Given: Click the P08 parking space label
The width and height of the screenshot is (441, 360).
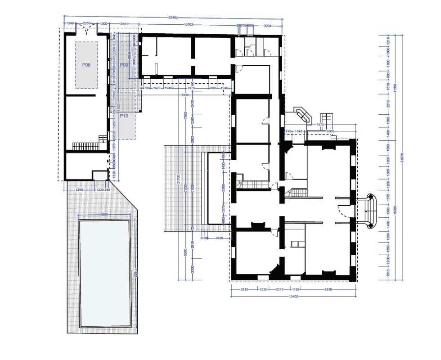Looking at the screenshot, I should (86, 65).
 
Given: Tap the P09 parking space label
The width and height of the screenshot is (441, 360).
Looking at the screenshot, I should (124, 65).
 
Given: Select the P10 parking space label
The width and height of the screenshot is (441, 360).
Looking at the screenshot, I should (124, 116).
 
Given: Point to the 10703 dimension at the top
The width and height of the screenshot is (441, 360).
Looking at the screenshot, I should (188, 24).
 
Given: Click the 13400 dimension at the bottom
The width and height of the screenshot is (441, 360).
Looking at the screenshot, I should (293, 296).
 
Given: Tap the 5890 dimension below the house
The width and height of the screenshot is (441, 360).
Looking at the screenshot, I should (328, 290).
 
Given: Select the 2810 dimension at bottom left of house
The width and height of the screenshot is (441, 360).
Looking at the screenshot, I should (244, 290).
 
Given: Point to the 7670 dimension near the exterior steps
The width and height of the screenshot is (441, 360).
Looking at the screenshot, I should (320, 125).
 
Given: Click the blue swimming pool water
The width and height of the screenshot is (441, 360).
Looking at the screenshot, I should (105, 273).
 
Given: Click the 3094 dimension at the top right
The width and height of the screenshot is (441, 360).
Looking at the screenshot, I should (267, 26).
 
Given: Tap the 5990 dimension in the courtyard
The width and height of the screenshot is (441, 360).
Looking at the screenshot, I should (185, 95).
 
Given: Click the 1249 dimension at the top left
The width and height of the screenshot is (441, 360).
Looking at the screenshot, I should (70, 23).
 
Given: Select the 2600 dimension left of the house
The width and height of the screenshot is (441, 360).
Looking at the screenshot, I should (219, 238).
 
